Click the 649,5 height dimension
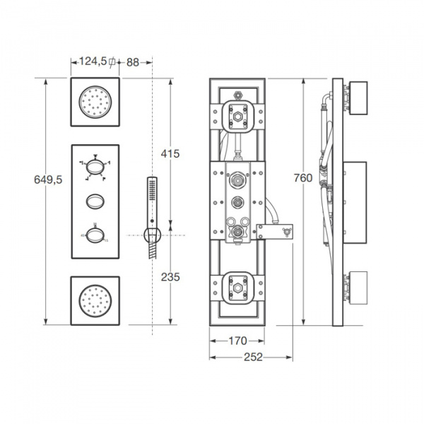tap(48, 179)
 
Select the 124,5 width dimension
tap(93, 61)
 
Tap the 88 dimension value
tap(133, 62)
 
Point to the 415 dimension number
tap(170, 154)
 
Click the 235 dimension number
tap(170, 277)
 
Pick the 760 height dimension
tap(303, 178)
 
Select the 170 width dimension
tap(237, 341)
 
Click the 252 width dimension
tap(253, 357)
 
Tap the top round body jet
tap(95, 102)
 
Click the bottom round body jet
tap(95, 301)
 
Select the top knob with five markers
tap(95, 167)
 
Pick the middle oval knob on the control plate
tap(95, 201)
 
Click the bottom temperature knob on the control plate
tap(95, 235)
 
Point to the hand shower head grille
tap(152, 190)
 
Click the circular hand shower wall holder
tap(152, 235)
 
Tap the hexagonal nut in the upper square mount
tap(237, 117)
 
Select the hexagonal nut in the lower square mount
tap(237, 288)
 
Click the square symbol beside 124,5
tap(112, 62)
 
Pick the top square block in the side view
tap(358, 98)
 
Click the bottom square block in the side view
tap(358, 288)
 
